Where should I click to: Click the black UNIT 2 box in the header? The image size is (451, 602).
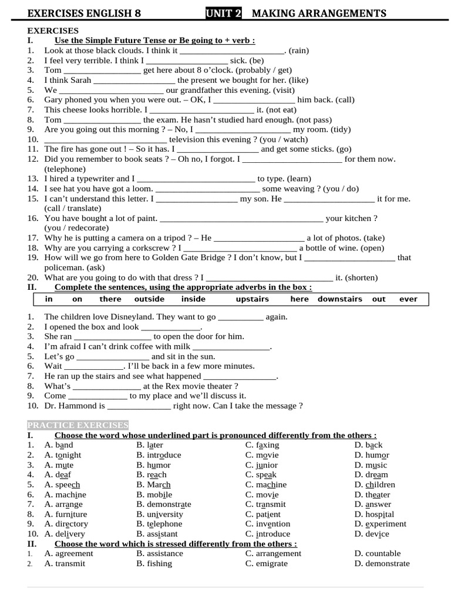coord(224,13)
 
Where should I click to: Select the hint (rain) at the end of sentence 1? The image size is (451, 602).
coord(298,51)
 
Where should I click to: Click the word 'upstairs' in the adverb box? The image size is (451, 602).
coord(252,299)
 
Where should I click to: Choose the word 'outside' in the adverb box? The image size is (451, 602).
coord(149,299)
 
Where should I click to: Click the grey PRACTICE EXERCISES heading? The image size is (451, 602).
coord(78,425)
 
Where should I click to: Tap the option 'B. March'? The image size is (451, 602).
coord(153,485)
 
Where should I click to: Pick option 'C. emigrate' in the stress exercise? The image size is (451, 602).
coord(267,563)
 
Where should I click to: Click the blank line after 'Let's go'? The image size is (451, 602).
coord(113,357)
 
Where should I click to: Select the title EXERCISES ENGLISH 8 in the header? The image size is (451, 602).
coord(84,13)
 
